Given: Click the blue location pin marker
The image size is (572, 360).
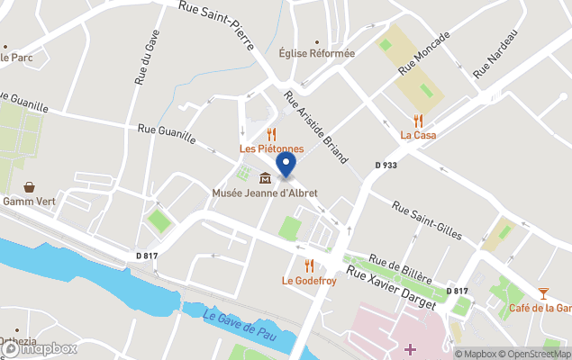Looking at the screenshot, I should pyautogui.click(x=286, y=164).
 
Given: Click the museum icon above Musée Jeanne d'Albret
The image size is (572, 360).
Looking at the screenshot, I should pyautogui.click(x=265, y=176).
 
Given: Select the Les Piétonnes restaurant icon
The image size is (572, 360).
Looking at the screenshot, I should pyautogui.click(x=270, y=132).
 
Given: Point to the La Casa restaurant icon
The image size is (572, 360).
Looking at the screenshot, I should pyautogui.click(x=417, y=120).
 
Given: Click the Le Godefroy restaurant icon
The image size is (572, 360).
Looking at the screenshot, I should pyautogui.click(x=309, y=265).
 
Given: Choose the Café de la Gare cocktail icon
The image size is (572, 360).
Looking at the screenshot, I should pyautogui.click(x=543, y=292).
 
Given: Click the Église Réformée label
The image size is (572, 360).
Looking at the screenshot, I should pyautogui.click(x=316, y=53).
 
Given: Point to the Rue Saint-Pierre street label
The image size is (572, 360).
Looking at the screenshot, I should pyautogui.click(x=221, y=21).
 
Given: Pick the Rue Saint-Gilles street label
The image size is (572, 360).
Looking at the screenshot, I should pyautogui.click(x=427, y=220).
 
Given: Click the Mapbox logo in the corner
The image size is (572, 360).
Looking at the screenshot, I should pyautogui.click(x=39, y=348).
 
